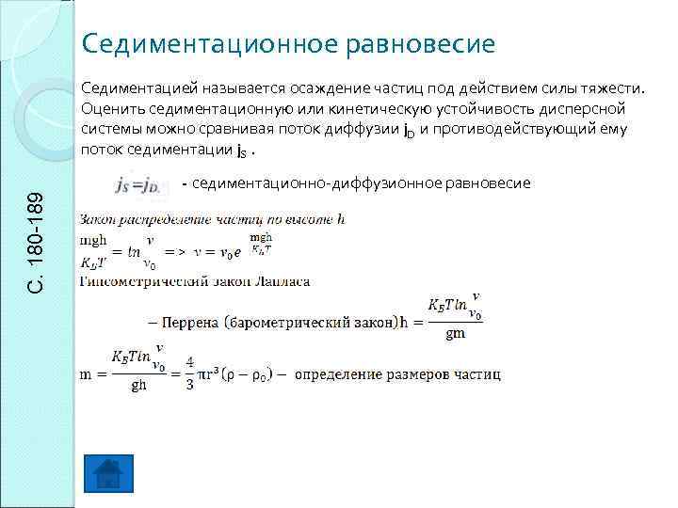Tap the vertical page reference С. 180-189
[36, 241]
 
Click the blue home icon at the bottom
[108, 473]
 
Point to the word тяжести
[616, 89]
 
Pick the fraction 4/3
[188, 374]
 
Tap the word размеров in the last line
[407, 374]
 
